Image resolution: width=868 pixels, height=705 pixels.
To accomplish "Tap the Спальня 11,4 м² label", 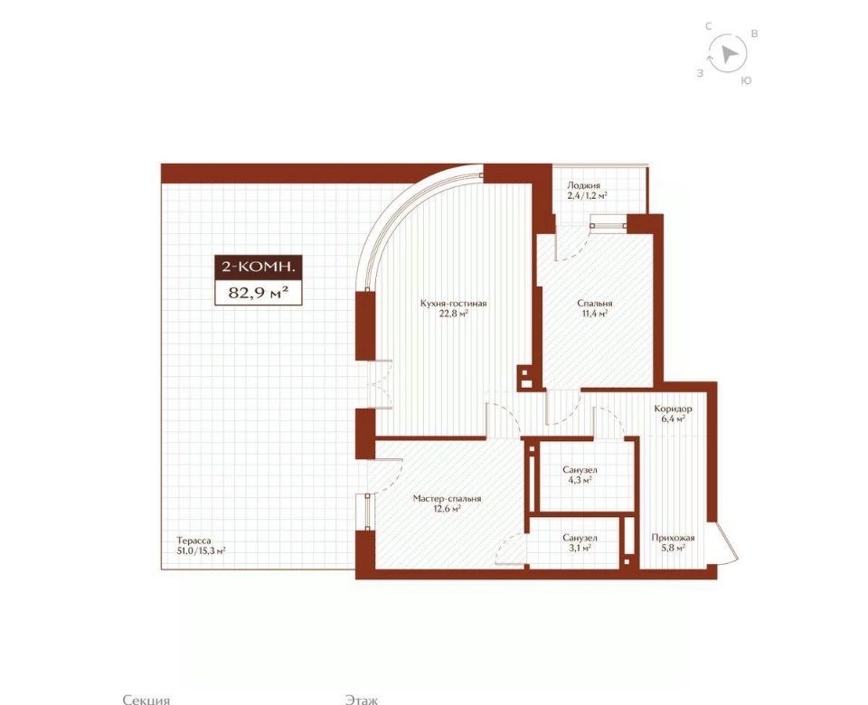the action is [595, 308].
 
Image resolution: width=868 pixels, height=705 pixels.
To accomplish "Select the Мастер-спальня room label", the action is [447, 503].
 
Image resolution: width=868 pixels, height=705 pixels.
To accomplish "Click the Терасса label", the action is [201, 546].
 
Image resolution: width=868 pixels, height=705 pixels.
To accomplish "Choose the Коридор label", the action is [673, 414].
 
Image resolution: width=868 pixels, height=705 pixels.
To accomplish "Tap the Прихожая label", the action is [673, 542].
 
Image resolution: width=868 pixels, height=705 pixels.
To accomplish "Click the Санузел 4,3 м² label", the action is [580, 475].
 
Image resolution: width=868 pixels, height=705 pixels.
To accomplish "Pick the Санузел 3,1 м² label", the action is [580, 542].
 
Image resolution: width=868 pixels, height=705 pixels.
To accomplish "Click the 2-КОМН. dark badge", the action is [259, 266].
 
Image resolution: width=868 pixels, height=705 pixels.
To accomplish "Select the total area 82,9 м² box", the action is [259, 292].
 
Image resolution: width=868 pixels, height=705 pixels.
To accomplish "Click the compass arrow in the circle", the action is [729, 53].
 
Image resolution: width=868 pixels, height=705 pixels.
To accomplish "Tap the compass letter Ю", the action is [746, 80].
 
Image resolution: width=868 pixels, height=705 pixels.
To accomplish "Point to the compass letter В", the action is [754, 33].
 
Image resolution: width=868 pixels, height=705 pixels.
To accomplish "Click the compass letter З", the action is [700, 73].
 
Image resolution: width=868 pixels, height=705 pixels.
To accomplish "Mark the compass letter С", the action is [708, 26].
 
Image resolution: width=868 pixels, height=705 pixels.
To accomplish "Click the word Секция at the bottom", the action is [146, 700].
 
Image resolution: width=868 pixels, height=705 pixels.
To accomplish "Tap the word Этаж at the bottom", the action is [361, 700].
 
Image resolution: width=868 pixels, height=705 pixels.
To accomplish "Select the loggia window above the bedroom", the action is [609, 225].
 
